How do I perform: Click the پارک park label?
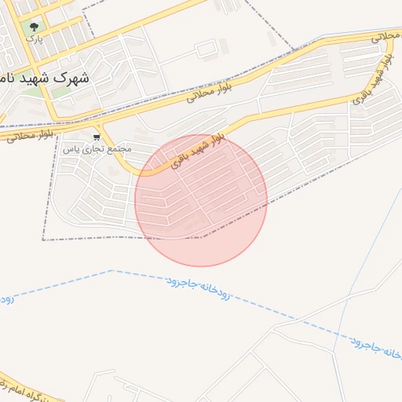[x=34, y=38]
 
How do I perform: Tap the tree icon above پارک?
[x=34, y=26]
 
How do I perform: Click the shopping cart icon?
[x=97, y=137]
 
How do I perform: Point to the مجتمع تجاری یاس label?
[x=97, y=148]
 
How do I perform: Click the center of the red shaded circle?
[x=201, y=200]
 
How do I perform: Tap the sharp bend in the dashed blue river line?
[x=112, y=270]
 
